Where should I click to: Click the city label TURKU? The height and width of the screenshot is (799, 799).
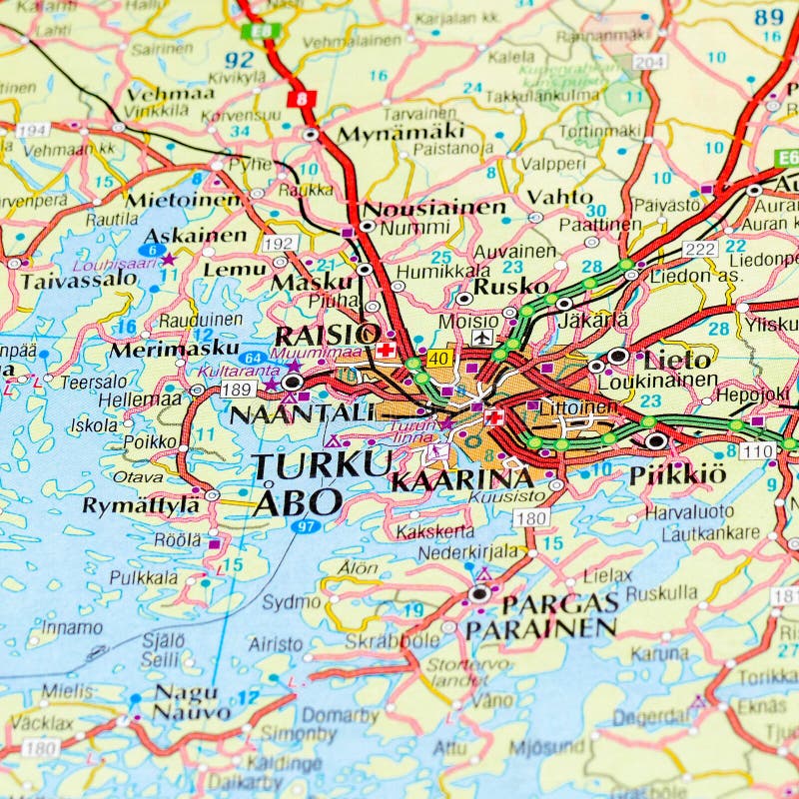322,464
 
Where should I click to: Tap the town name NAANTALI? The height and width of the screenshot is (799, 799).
302,412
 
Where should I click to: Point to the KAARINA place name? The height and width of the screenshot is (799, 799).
461,480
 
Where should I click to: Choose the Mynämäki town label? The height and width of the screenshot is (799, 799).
400,133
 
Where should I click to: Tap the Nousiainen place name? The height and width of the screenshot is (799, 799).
433,208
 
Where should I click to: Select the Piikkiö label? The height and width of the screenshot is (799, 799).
677,475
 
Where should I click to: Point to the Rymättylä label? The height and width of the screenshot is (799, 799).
141,505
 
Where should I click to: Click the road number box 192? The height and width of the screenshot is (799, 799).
279,243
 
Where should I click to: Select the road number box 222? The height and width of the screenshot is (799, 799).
700,249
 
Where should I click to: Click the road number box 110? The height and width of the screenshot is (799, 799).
757,451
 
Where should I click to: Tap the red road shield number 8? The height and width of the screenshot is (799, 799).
302,99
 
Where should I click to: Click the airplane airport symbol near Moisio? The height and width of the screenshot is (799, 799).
483,339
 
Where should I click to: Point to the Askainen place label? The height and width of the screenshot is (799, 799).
195,236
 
